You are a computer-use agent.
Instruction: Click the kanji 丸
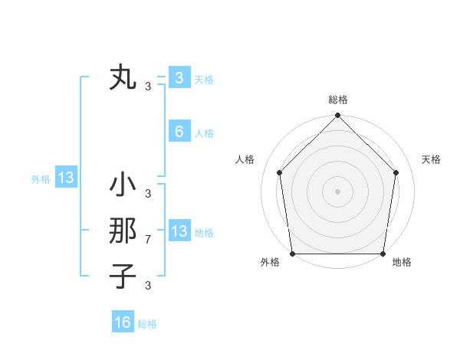[x=123, y=78]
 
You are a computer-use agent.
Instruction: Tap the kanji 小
[x=123, y=185]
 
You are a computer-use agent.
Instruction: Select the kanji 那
[x=123, y=231]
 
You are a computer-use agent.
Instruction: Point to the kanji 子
[x=123, y=275]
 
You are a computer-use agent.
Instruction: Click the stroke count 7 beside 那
[x=148, y=240]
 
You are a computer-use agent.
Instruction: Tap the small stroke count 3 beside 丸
[x=148, y=86]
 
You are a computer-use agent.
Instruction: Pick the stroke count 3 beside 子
[x=148, y=286]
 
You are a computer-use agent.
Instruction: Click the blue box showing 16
[x=123, y=322]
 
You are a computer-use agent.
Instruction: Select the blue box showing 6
[x=179, y=132]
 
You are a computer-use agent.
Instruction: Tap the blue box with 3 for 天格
[x=179, y=77]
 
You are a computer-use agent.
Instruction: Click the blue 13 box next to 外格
[x=66, y=178]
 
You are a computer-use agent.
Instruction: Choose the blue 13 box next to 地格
[x=179, y=231]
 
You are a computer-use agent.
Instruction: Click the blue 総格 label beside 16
[x=147, y=324]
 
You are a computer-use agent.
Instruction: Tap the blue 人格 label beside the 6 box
[x=204, y=133]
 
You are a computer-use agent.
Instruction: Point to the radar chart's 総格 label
[x=338, y=100]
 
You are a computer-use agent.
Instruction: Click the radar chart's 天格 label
[x=432, y=159]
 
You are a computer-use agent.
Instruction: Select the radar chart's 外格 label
[x=270, y=262]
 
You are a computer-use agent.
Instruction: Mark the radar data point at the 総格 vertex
[x=338, y=116]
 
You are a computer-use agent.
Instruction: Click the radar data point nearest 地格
[x=383, y=254]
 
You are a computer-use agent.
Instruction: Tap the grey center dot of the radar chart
[x=338, y=191]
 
